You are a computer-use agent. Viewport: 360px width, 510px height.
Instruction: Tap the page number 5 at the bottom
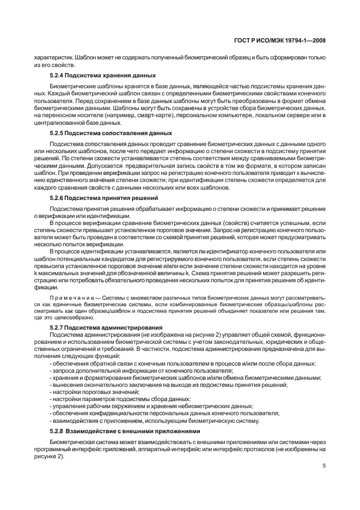324,466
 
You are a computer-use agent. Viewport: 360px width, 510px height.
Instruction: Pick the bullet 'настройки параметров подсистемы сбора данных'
120,399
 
